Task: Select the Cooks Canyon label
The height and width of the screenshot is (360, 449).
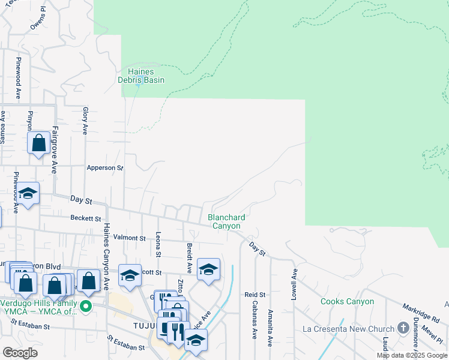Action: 347,301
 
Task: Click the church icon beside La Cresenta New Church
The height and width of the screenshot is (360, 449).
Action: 403,329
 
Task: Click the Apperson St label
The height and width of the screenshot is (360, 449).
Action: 104,168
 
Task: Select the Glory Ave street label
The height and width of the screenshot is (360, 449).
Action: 85,121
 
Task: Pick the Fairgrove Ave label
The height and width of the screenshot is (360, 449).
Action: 54,149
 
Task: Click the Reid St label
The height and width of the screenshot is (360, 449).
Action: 255,295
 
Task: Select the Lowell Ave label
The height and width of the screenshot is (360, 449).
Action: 295,281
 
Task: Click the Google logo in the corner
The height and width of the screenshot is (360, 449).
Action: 20,353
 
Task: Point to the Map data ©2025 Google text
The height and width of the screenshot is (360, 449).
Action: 412,355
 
